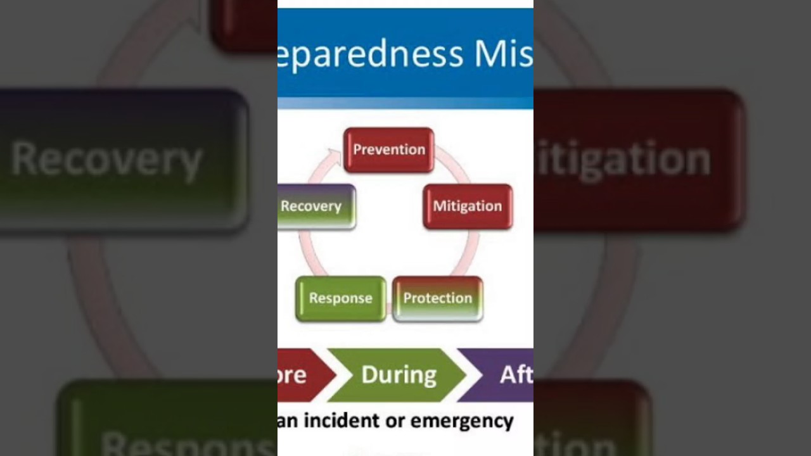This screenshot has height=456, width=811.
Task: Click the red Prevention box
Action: click(x=388, y=150)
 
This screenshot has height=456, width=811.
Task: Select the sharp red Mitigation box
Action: click(x=468, y=206)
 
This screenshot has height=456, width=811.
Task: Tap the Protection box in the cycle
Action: click(x=438, y=298)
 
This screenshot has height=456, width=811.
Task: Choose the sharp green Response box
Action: click(x=340, y=298)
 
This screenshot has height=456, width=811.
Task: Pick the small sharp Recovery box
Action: click(x=316, y=206)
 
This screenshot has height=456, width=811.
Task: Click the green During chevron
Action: click(x=398, y=375)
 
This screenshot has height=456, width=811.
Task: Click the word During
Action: click(x=399, y=375)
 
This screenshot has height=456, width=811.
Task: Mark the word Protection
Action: click(x=438, y=298)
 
